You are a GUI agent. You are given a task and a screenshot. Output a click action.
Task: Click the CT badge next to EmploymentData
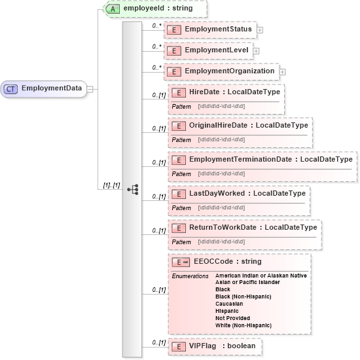tap(11, 88)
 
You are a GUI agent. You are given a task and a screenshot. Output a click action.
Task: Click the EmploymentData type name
tap(52, 88)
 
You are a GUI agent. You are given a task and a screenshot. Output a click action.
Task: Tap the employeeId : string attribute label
tap(160, 9)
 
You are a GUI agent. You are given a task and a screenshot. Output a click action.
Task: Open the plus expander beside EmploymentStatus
tap(260, 30)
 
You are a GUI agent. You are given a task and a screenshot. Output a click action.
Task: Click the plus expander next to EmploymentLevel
tap(256, 50)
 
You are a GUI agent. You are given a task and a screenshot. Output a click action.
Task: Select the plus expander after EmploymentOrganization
tap(283, 71)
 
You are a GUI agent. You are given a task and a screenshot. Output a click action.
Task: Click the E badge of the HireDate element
tap(179, 93)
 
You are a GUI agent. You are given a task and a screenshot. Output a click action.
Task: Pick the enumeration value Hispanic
tap(227, 311)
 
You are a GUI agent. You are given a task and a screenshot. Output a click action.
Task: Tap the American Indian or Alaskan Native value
tap(261, 276)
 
